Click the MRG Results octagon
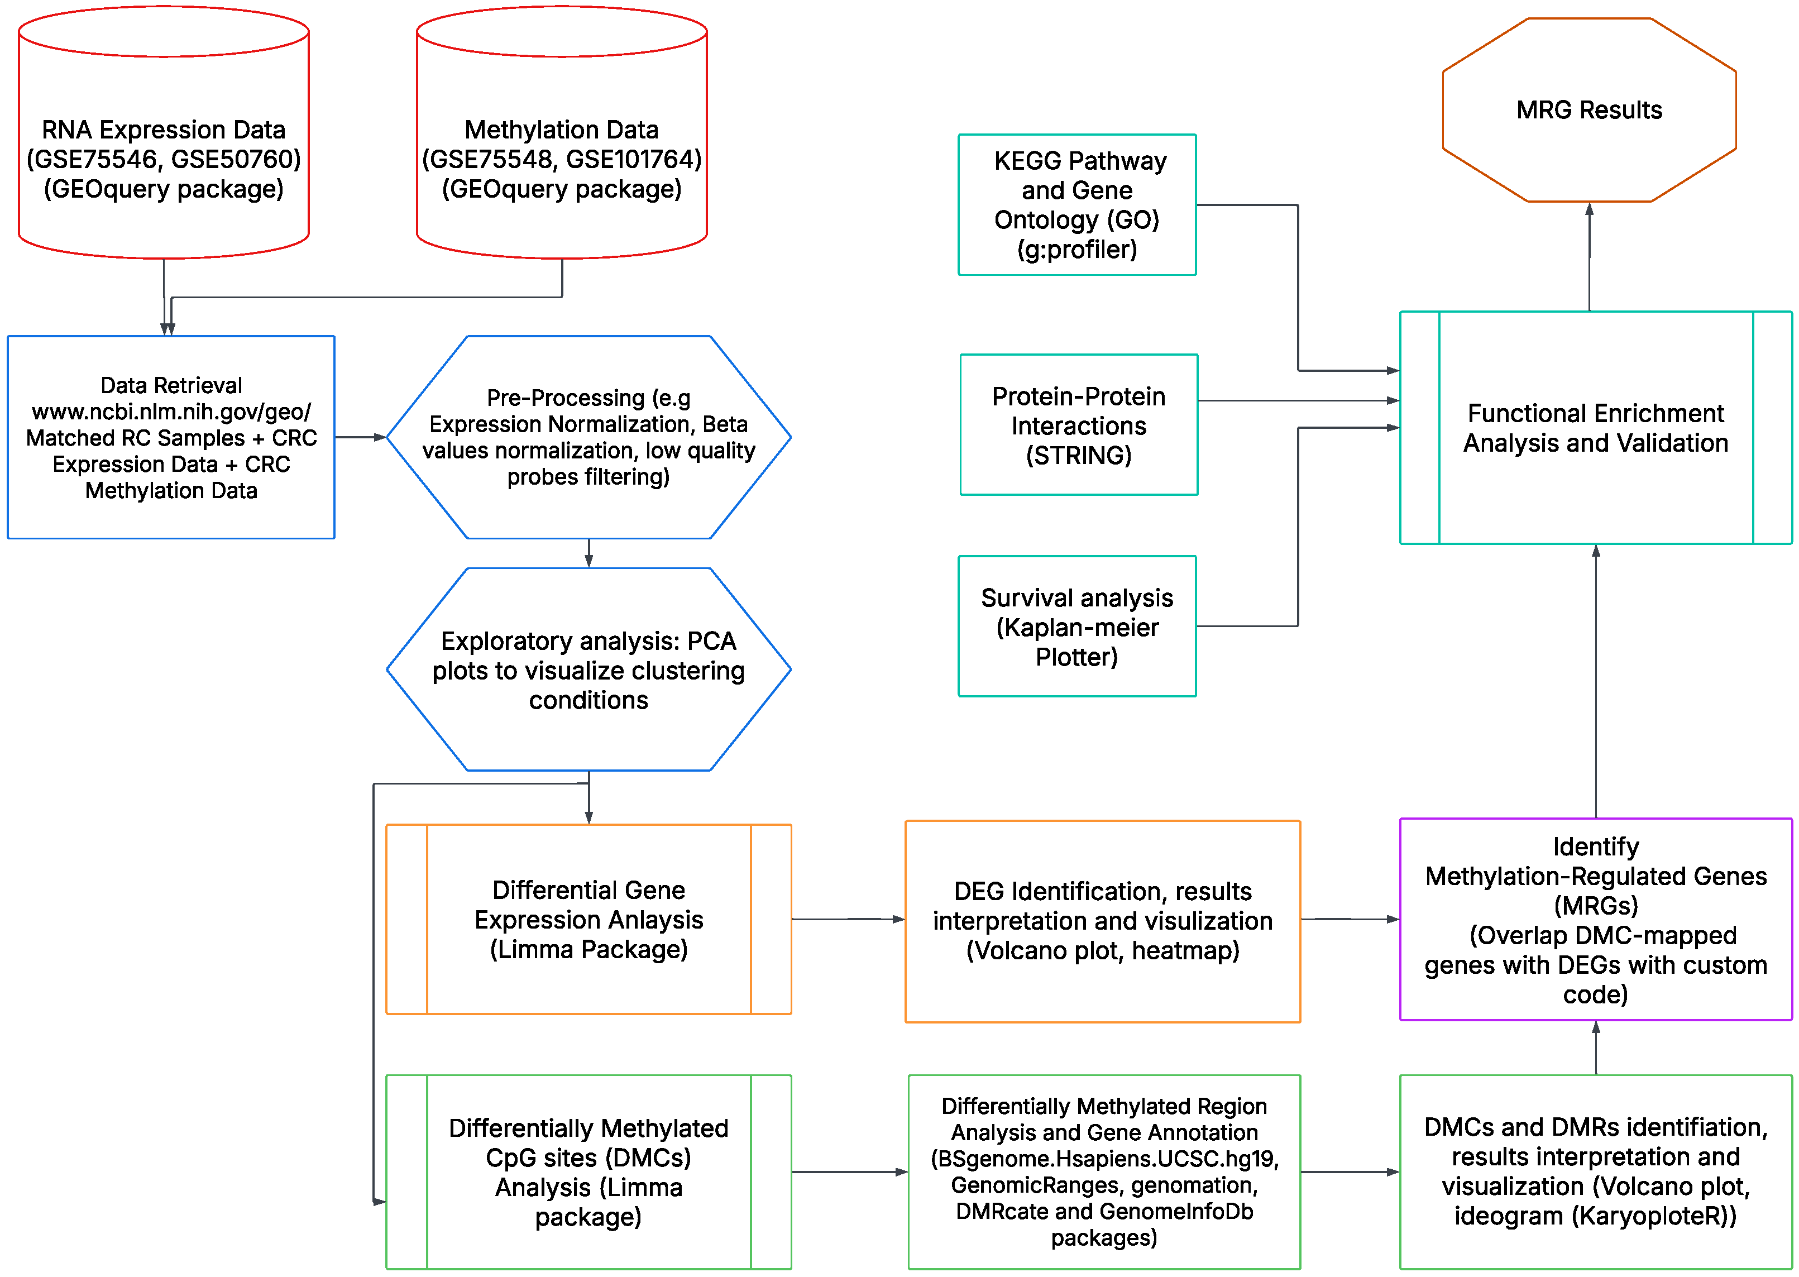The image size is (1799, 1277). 1589,110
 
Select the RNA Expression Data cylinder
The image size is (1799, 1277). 164,157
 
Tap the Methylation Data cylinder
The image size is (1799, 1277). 561,157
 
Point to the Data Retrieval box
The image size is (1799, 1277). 171,437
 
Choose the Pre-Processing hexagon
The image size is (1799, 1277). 588,437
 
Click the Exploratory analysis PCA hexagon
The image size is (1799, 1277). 588,670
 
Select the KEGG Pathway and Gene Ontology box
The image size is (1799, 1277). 1076,204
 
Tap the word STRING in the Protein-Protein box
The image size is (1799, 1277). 1078,455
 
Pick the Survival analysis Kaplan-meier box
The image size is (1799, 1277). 1076,626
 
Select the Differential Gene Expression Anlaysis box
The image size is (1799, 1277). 588,919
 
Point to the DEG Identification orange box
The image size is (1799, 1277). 1102,921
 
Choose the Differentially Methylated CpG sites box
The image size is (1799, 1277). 588,1171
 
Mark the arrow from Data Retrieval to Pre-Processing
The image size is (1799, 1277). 360,437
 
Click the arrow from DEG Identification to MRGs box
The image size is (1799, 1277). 1349,919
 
